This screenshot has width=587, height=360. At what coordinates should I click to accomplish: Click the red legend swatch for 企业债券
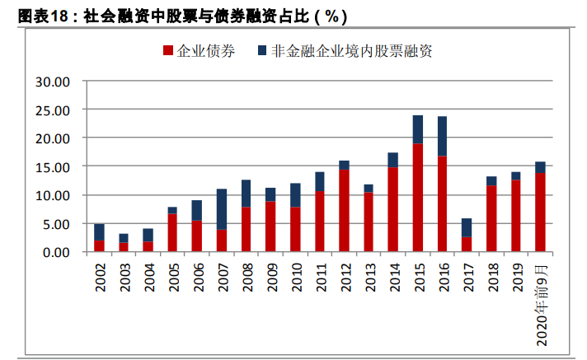[x=168, y=51]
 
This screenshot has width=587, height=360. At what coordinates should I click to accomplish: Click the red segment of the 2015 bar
[x=418, y=198]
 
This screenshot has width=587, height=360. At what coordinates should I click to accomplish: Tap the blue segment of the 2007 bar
[x=223, y=209]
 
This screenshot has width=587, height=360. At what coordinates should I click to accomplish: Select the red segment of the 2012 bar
[x=345, y=210]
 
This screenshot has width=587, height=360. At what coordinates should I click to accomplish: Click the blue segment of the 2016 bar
[x=443, y=136]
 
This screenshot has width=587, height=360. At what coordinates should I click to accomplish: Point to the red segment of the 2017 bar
[x=467, y=244]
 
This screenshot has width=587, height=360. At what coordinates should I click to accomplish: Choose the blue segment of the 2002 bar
[x=100, y=231]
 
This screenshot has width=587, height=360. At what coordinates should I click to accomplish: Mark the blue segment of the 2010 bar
[x=295, y=195]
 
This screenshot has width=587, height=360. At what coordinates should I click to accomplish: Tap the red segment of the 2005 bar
[x=173, y=232]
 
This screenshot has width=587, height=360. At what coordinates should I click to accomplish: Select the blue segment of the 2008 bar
[x=247, y=194]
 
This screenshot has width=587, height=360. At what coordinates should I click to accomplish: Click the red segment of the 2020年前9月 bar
[x=541, y=213]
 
